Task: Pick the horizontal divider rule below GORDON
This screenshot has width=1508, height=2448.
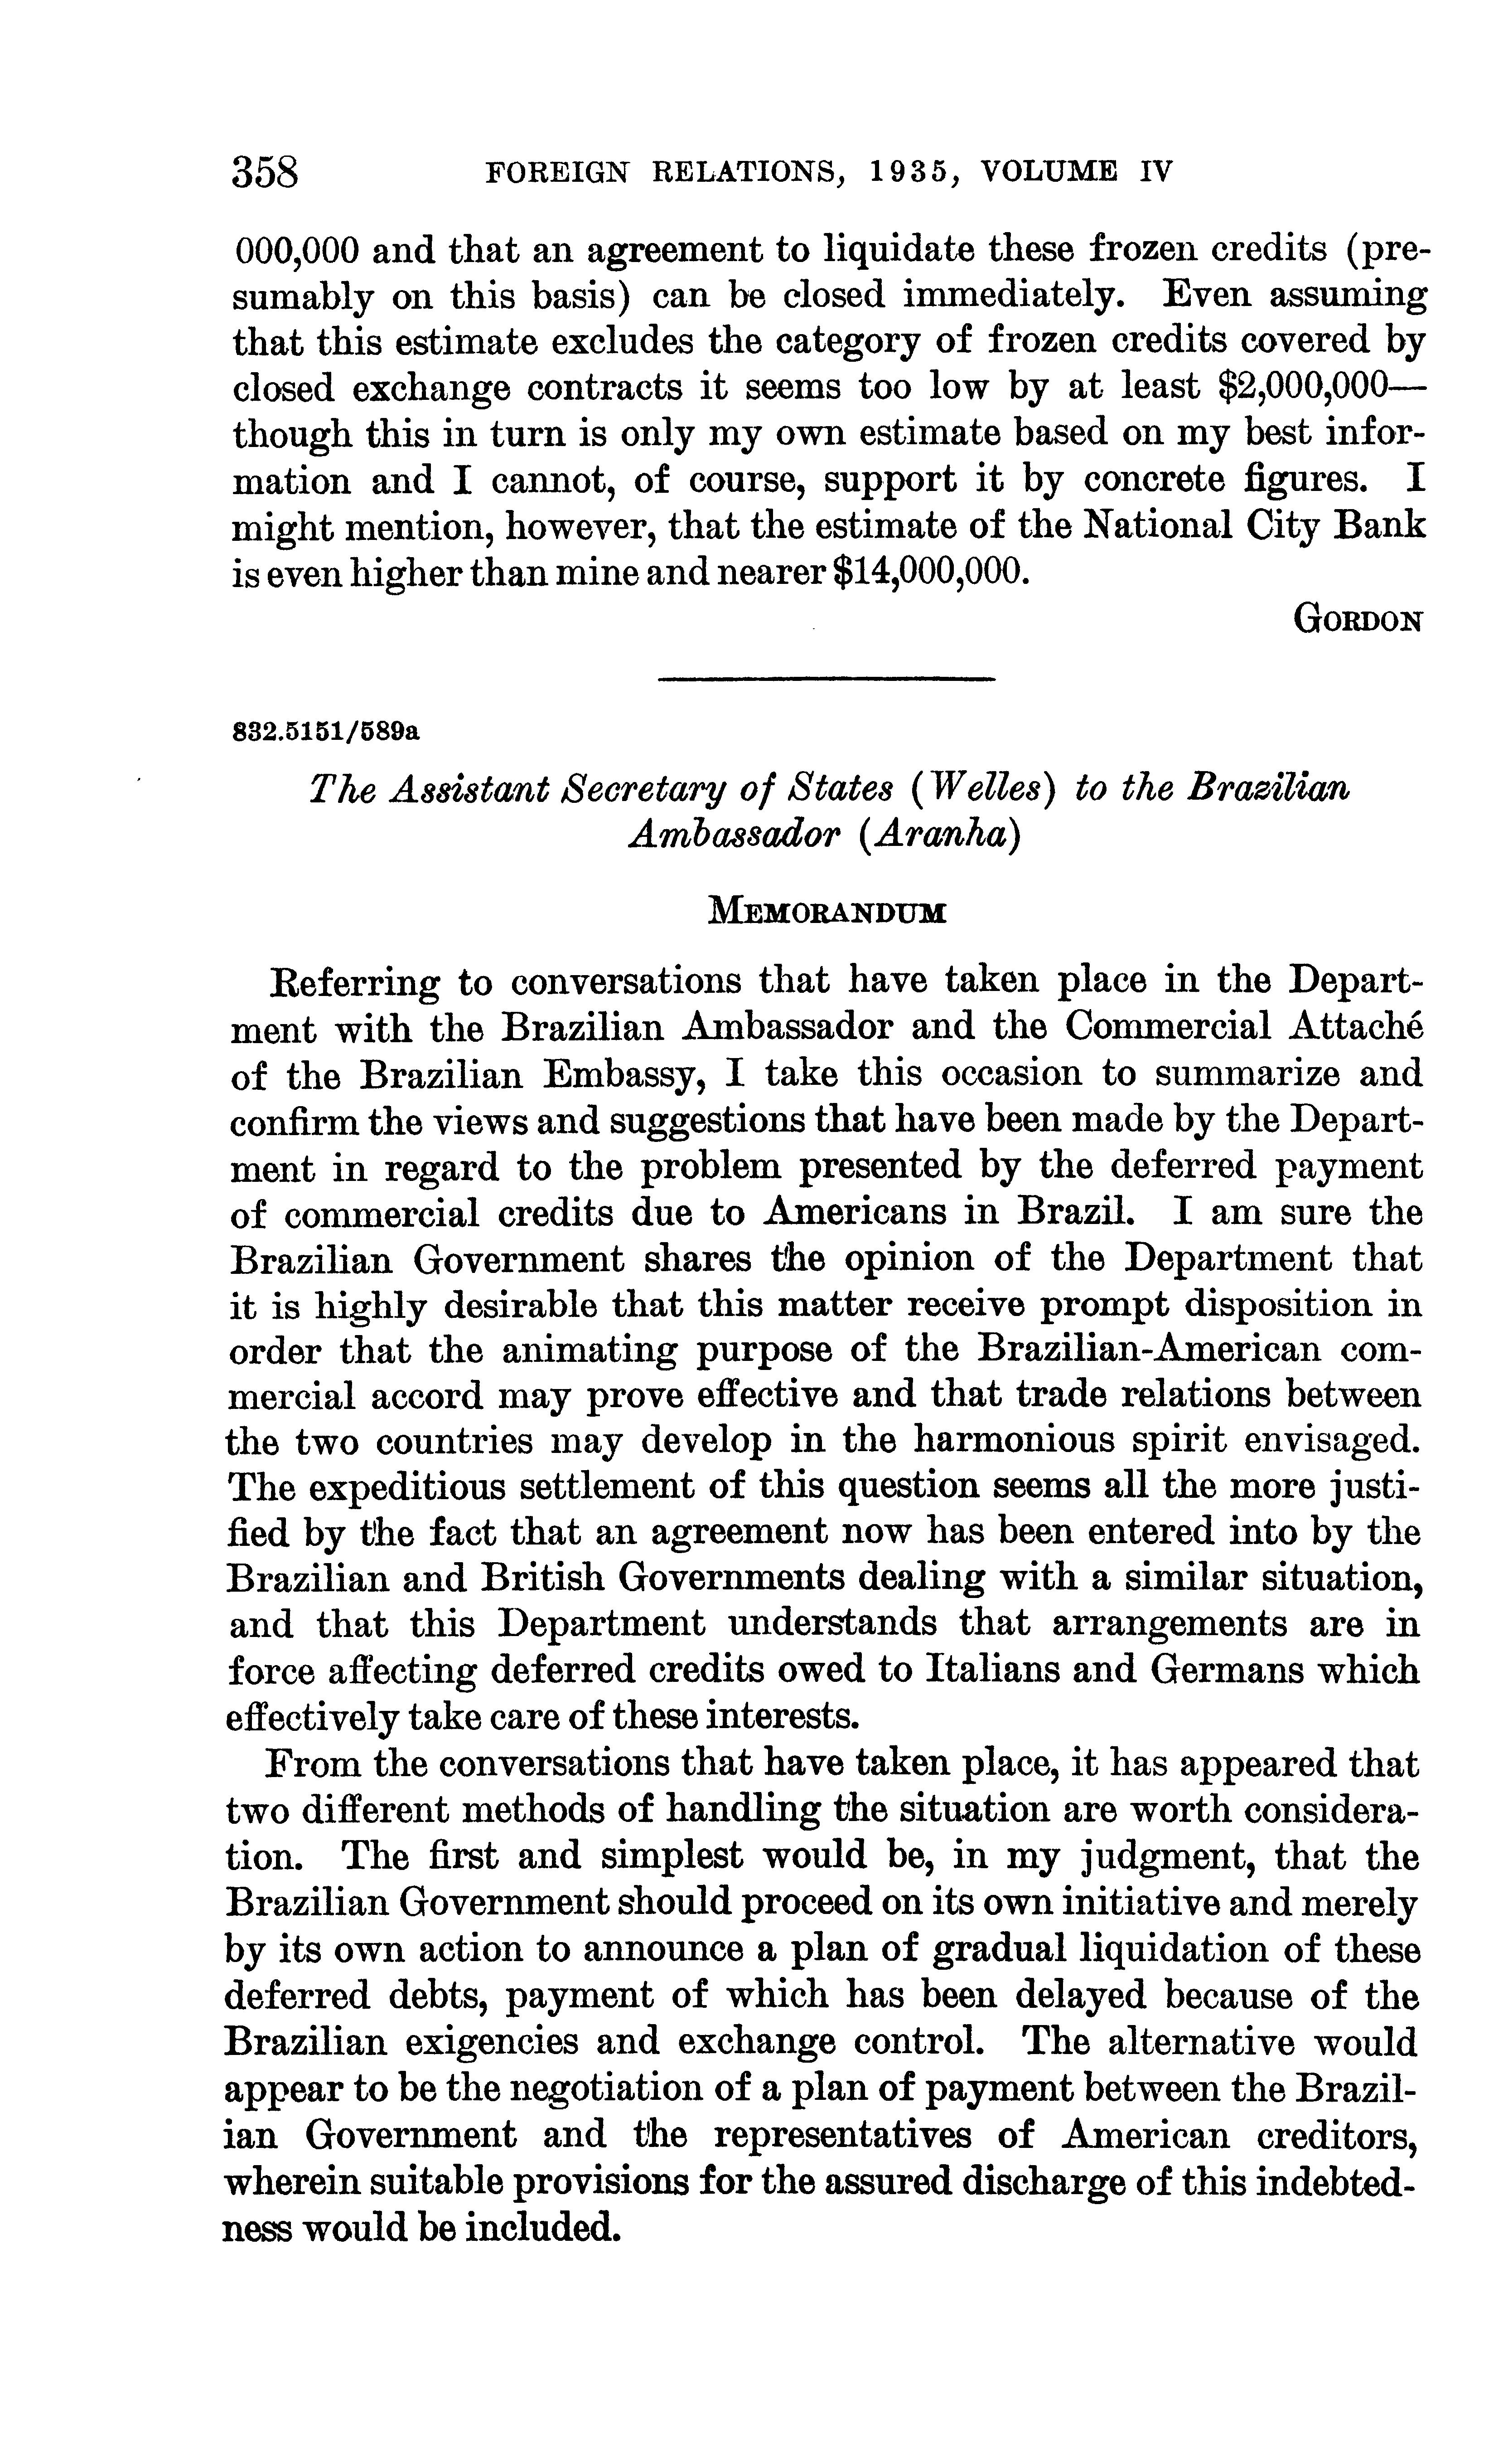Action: click(827, 680)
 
